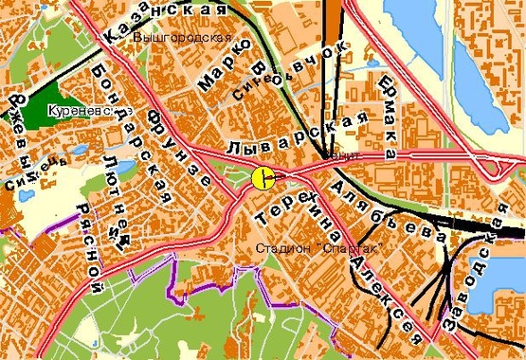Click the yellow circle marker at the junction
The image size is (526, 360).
tap(263, 177)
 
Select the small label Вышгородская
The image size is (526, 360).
tap(183, 38)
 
